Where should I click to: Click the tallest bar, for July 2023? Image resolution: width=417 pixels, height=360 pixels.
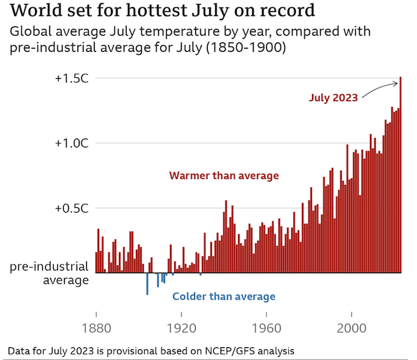[x=400, y=175]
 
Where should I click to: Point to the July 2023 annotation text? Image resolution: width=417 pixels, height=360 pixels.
[x=334, y=98]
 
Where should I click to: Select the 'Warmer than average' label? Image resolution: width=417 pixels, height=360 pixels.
[x=223, y=176]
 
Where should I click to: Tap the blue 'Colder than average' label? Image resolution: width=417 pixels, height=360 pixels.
[x=224, y=297]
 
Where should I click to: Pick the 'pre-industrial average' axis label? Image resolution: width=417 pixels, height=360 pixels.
[x=50, y=273]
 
